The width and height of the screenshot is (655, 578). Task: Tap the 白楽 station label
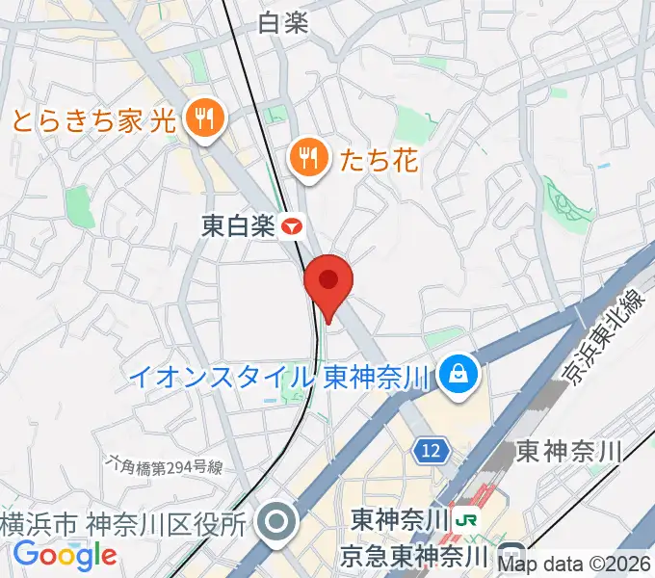284,24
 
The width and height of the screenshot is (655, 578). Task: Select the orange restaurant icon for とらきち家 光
204,120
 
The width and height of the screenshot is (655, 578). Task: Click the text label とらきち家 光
92,121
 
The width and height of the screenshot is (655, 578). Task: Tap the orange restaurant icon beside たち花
308,155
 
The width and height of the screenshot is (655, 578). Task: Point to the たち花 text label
379,159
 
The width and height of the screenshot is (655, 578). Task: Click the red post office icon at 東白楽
293,227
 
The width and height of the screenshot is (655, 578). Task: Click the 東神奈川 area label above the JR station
568,449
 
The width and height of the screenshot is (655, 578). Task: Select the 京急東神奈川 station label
416,556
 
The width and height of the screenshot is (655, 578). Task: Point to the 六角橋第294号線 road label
167,468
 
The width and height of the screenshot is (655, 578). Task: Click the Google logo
65,555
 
